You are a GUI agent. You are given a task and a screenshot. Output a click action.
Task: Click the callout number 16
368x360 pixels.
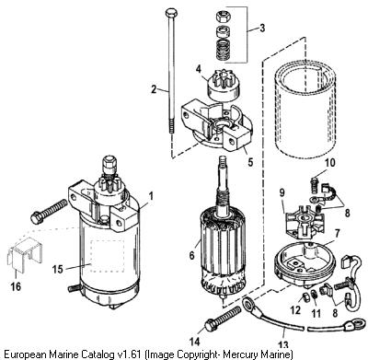[16, 286]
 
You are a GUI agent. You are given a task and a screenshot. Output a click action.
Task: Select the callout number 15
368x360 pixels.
[58, 269]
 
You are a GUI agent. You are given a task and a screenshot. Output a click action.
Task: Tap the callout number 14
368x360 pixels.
[195, 342]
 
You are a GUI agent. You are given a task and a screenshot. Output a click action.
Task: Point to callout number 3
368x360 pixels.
[262, 28]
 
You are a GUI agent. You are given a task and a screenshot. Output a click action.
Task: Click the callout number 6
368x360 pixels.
[192, 255]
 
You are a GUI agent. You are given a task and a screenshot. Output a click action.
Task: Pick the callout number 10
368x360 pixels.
[330, 163]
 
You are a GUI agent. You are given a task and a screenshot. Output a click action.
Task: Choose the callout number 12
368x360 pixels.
[295, 310]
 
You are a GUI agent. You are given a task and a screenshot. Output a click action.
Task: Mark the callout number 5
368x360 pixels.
[250, 162]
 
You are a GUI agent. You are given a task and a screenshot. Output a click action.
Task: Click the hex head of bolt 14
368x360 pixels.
[211, 325]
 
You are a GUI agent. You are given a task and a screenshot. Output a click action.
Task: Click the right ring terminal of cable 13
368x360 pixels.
[351, 325]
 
